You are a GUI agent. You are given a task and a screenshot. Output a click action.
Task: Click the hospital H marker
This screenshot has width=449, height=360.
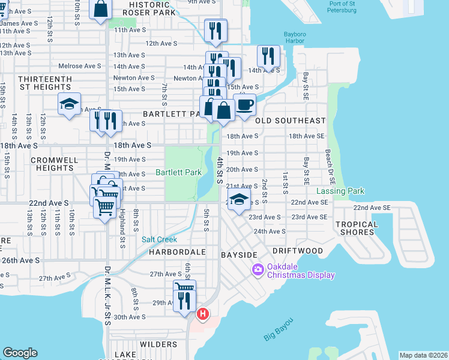[203, 313]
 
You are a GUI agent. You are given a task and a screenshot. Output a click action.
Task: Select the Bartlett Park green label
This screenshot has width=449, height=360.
[178, 172]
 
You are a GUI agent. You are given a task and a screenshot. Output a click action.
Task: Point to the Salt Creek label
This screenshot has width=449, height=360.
[159, 239]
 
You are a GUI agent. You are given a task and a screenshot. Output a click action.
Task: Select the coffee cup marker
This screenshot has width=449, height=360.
[244, 104]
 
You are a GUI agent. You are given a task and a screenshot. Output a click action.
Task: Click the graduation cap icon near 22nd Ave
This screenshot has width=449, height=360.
[239, 199]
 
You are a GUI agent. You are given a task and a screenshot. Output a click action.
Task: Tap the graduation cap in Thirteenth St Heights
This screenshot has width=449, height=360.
[70, 103]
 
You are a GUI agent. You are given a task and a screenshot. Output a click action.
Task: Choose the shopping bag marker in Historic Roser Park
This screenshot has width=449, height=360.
[101, 8]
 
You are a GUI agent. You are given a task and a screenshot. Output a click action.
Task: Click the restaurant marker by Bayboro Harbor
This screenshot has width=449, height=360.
[269, 56]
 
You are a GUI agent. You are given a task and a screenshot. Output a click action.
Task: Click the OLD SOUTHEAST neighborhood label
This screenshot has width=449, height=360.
[291, 121]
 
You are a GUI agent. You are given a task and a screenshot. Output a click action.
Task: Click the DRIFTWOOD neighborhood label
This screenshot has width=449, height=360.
[297, 250]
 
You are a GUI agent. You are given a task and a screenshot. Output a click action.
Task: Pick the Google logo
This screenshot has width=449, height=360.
[20, 353]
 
